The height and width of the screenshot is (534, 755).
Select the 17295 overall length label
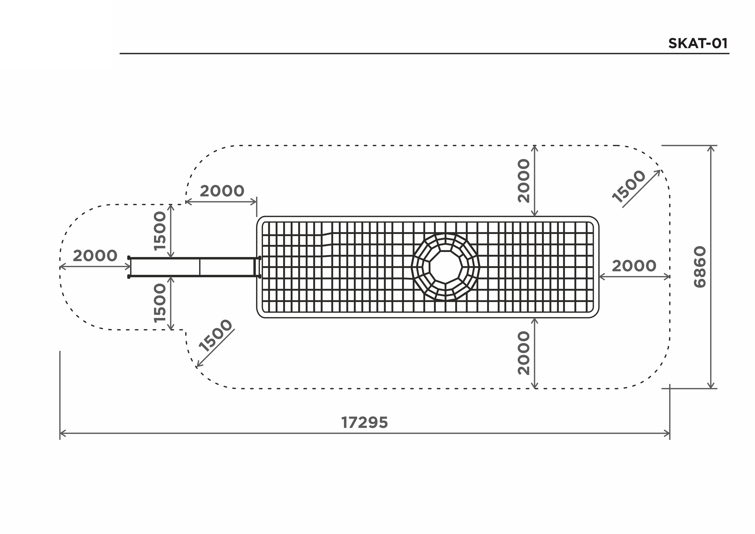coord(364,423)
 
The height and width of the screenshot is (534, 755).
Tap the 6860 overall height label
coord(700,267)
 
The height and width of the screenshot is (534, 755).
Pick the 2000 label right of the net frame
coord(634,266)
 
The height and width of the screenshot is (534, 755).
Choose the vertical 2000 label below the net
coord(524,353)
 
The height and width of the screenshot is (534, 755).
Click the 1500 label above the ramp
coord(160,231)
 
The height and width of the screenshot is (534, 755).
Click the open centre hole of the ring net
coord(446,267)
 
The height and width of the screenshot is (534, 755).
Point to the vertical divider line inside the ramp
coord(200,267)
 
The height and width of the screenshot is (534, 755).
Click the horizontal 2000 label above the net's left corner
coord(222,191)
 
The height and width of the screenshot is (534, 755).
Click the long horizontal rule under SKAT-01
coord(425,53)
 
